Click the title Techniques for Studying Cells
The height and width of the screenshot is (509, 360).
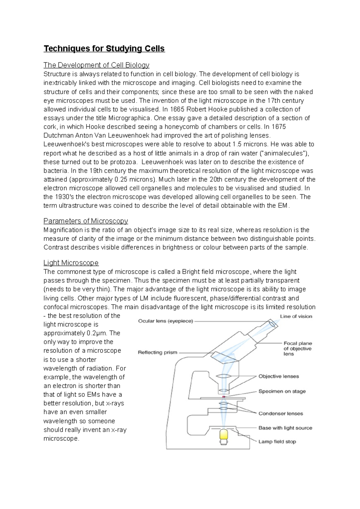click(x=104, y=49)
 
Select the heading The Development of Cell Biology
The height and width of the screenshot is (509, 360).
click(x=96, y=65)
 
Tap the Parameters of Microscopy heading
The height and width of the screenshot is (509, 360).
click(x=85, y=221)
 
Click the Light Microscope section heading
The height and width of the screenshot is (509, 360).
click(x=71, y=263)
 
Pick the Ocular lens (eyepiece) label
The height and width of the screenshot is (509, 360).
click(x=166, y=321)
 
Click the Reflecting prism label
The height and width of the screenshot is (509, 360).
click(x=157, y=353)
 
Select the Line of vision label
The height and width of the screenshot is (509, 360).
click(x=296, y=316)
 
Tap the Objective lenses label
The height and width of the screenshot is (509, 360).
click(x=279, y=376)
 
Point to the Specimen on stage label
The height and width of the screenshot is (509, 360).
click(x=282, y=391)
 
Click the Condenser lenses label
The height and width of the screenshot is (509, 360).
click(x=281, y=413)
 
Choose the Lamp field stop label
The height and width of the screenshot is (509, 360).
click(x=277, y=442)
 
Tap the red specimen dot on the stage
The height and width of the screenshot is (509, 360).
click(x=223, y=397)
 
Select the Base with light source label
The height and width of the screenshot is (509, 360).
click(x=285, y=428)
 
